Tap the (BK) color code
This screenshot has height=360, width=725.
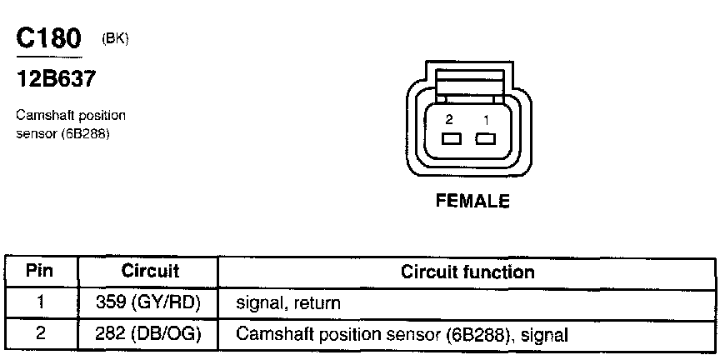click(x=115, y=39)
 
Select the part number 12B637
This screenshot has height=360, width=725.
click(x=56, y=79)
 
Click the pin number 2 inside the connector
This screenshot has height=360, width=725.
click(x=449, y=120)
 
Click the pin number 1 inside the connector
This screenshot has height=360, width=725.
click(x=486, y=120)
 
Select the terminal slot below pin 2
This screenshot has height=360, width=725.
click(x=452, y=138)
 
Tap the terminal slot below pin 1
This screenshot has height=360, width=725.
click(x=486, y=138)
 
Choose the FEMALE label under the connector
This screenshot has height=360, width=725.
click(x=472, y=201)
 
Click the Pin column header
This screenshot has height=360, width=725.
click(x=40, y=272)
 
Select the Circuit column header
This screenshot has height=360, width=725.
click(x=150, y=272)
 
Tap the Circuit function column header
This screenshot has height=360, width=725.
click(x=467, y=272)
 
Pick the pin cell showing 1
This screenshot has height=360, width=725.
click(x=41, y=303)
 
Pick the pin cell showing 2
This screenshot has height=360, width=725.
click(x=41, y=334)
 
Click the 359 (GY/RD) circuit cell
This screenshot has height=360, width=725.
click(x=148, y=303)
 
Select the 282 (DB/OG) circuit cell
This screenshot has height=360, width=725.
click(x=148, y=334)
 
